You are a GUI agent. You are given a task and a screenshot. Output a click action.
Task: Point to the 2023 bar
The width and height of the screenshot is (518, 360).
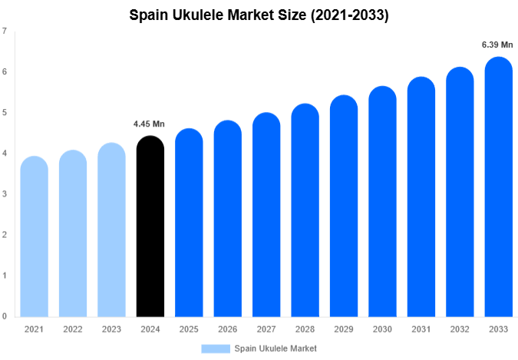[111, 230]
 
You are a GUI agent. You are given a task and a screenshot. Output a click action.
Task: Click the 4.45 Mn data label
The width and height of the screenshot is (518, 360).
[149, 124]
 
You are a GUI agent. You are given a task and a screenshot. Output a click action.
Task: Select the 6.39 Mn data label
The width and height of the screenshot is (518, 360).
[497, 45]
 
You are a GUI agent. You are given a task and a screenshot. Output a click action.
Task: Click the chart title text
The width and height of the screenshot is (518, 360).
[259, 15]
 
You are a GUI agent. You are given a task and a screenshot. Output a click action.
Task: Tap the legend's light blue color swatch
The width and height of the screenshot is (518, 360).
[216, 348]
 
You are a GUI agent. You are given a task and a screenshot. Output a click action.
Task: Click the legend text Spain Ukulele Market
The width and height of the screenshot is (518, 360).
[275, 348]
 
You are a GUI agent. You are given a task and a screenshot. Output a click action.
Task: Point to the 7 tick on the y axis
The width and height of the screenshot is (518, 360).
[5, 31]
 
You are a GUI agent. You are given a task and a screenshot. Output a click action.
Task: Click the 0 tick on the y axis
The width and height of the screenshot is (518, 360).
[5, 315]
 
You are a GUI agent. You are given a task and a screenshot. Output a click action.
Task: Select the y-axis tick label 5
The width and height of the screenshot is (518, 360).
[5, 113]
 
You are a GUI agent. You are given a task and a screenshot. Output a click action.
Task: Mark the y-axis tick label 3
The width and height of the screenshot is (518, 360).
[5, 194]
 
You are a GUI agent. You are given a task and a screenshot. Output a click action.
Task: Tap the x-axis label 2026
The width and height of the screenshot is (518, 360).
[227, 329]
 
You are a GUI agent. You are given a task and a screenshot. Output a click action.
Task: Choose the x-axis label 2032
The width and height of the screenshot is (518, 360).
[459, 329]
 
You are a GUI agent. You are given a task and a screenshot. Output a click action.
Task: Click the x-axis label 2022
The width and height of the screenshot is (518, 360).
[73, 329]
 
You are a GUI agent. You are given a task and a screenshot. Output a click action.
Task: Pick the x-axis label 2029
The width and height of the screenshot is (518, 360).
[343, 329]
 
